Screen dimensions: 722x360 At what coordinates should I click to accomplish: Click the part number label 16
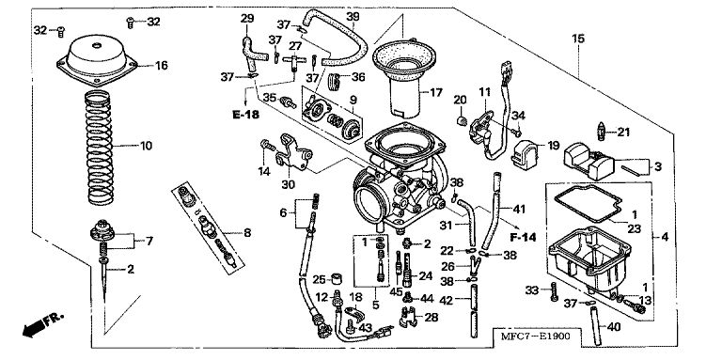click(x=161, y=66)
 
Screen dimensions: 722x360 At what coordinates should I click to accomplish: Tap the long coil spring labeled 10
click(x=100, y=148)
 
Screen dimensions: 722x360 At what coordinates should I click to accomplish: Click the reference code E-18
click(x=245, y=115)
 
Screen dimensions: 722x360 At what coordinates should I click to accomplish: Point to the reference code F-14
click(x=524, y=238)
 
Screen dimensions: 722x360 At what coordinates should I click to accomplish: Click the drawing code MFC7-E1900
click(x=537, y=337)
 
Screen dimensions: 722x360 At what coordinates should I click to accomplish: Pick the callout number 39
click(x=353, y=17)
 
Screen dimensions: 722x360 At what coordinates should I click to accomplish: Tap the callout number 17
click(x=435, y=93)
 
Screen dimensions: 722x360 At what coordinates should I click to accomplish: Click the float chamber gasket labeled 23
click(x=588, y=202)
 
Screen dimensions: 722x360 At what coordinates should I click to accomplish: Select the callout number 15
click(x=578, y=39)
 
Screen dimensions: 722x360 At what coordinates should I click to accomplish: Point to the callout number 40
click(x=614, y=327)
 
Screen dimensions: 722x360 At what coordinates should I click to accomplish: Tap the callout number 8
click(x=247, y=233)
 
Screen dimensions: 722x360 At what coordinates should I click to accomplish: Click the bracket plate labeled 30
click(x=293, y=152)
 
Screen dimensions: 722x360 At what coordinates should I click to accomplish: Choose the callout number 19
click(x=553, y=146)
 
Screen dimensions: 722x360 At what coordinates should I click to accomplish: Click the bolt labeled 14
click(x=268, y=146)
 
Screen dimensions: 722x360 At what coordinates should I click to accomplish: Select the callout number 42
click(x=446, y=300)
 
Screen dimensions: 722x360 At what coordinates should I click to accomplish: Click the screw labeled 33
click(x=554, y=291)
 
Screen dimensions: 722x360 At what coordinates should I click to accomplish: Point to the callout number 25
click(x=319, y=279)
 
